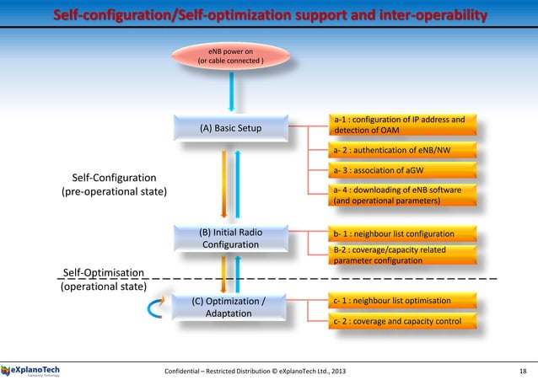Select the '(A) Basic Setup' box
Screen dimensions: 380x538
tap(230, 129)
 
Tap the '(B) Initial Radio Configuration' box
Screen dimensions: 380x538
tap(230, 238)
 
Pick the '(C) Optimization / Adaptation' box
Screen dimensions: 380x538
tap(230, 307)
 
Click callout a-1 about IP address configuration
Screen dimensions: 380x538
tap(405, 125)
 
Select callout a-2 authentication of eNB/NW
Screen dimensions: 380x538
tap(405, 152)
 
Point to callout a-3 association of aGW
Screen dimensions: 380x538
tap(405, 173)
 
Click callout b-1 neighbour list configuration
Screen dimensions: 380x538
tap(405, 233)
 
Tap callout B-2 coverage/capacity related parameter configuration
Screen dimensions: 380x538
tap(405, 254)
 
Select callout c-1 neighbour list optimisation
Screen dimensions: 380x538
tap(405, 300)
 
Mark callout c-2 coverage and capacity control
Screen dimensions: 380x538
tap(405, 321)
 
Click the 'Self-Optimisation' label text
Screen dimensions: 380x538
tap(103, 272)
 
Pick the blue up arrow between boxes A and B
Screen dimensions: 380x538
tap(238, 180)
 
